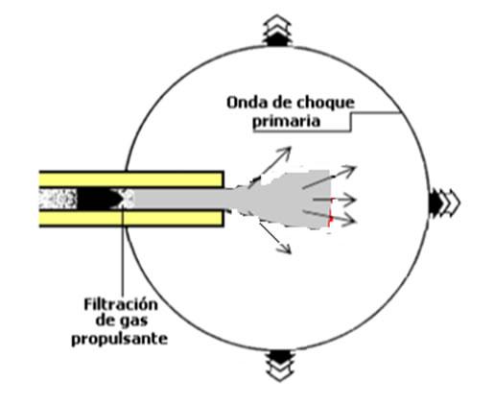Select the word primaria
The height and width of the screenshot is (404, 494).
(x=287, y=122)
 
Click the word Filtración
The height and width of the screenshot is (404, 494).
(x=121, y=304)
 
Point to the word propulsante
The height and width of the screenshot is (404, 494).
(x=119, y=339)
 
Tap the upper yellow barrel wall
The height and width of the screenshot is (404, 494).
(x=131, y=179)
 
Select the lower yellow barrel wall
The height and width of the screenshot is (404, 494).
(x=131, y=218)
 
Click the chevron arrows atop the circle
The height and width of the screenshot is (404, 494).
(x=277, y=31)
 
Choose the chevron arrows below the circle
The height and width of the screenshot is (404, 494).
(x=280, y=366)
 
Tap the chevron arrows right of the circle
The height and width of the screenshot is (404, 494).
(x=444, y=202)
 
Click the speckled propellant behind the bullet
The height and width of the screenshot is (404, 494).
(x=59, y=199)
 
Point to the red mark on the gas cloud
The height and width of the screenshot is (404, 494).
(x=330, y=212)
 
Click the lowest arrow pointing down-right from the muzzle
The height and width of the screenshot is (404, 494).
(x=275, y=238)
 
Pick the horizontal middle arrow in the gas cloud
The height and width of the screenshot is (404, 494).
(x=334, y=200)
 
